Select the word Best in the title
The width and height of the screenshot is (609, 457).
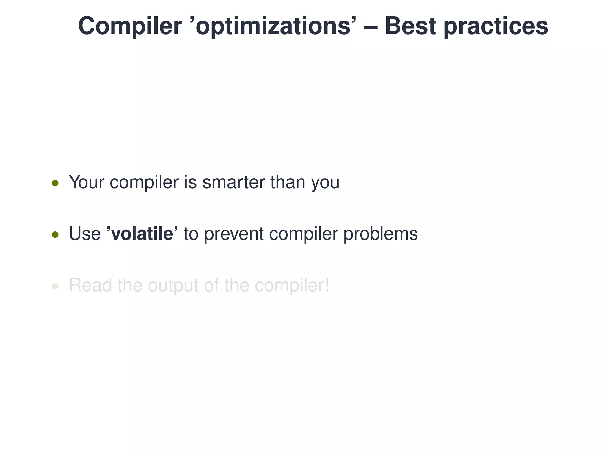point(410,26)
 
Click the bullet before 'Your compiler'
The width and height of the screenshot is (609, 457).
point(55,183)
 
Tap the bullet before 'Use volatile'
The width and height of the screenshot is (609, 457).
point(55,235)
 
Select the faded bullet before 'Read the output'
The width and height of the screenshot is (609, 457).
point(55,287)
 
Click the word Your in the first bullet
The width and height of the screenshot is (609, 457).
point(86,182)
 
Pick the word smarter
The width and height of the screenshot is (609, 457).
point(233,182)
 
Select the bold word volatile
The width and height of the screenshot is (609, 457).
point(142,234)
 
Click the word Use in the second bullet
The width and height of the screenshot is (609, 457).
point(85,234)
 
